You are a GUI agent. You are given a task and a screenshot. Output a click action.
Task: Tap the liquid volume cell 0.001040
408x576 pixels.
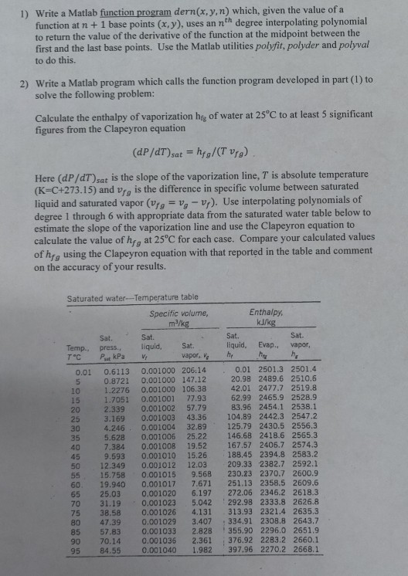[158, 552]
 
